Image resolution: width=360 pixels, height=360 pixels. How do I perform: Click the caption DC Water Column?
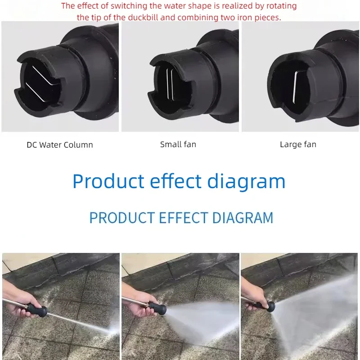point(59,145)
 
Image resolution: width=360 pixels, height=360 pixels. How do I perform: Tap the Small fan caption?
point(178,144)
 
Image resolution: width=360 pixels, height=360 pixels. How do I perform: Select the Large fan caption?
point(298,144)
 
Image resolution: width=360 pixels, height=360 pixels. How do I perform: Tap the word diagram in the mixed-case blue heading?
point(246,181)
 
